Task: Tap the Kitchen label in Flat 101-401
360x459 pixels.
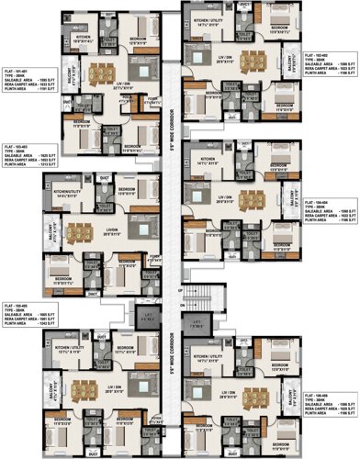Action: click(x=84, y=37)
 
